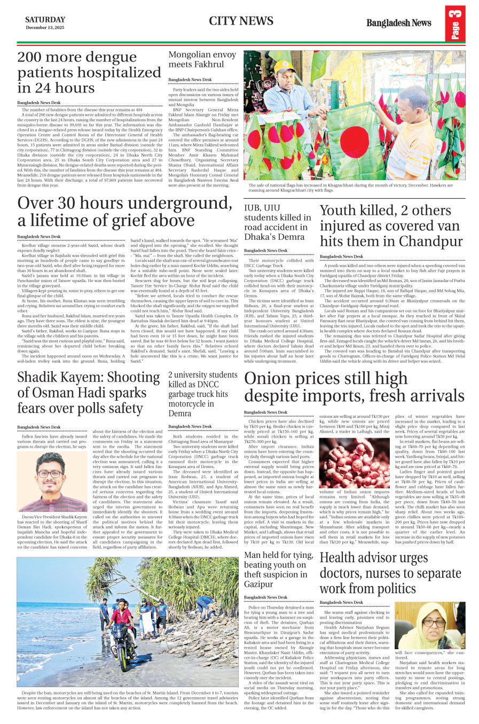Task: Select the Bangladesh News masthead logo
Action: click(x=398, y=23)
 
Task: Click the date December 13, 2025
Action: click(x=45, y=28)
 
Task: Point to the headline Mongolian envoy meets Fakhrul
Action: click(x=202, y=59)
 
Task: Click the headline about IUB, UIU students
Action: click(x=277, y=222)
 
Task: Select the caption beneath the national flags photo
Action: click(x=354, y=188)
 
